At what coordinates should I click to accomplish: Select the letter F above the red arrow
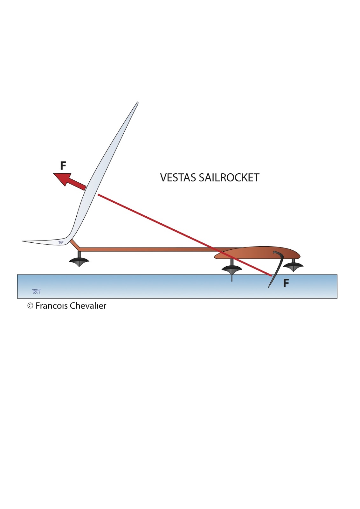click(63, 166)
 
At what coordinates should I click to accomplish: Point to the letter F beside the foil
click(286, 283)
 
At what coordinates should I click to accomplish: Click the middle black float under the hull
click(232, 269)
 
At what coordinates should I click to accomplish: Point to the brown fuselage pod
click(261, 253)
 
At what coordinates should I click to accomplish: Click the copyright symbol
click(31, 306)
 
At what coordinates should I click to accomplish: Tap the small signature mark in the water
click(36, 291)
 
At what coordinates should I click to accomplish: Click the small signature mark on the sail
click(61, 242)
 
